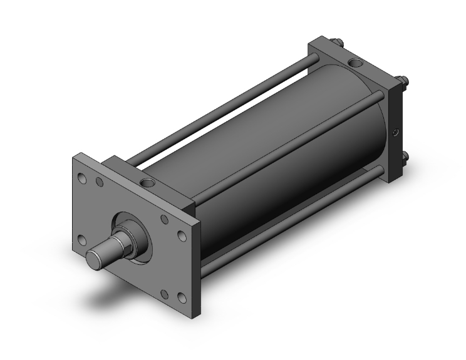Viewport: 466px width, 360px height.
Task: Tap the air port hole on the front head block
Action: coord(149,183)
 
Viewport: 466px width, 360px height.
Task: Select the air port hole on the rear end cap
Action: coord(355,63)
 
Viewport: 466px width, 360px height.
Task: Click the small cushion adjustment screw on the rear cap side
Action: coord(395,132)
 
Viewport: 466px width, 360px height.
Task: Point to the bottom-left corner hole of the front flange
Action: coord(81,239)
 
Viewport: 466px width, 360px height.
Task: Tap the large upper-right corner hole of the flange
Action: coord(182,236)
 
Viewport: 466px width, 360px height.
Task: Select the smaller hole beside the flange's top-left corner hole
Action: coord(99,183)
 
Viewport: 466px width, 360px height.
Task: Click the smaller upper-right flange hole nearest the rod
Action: coord(164,219)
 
